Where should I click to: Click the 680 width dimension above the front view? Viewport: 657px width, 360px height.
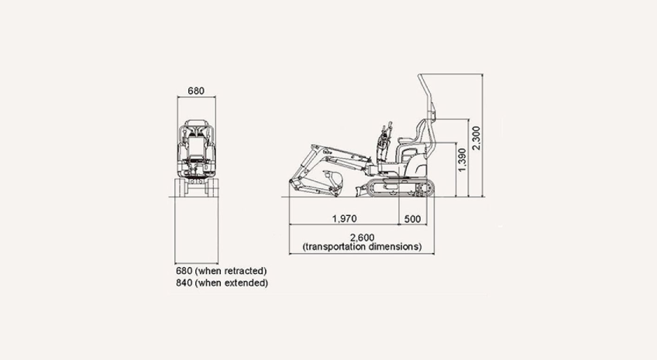point(195,91)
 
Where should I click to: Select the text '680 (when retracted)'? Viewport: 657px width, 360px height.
point(221,271)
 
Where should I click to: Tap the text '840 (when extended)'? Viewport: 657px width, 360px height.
point(221,283)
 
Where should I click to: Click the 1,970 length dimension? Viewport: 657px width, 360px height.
point(344,219)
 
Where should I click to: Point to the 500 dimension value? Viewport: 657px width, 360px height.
point(412,219)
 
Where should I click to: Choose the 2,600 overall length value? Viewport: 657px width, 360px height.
point(362,237)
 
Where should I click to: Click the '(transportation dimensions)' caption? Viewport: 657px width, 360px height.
point(362,247)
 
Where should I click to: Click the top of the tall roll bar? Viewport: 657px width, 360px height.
point(422,76)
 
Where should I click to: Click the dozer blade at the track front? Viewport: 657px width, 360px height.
point(361,188)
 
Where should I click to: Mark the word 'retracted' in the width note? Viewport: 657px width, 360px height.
point(243,271)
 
